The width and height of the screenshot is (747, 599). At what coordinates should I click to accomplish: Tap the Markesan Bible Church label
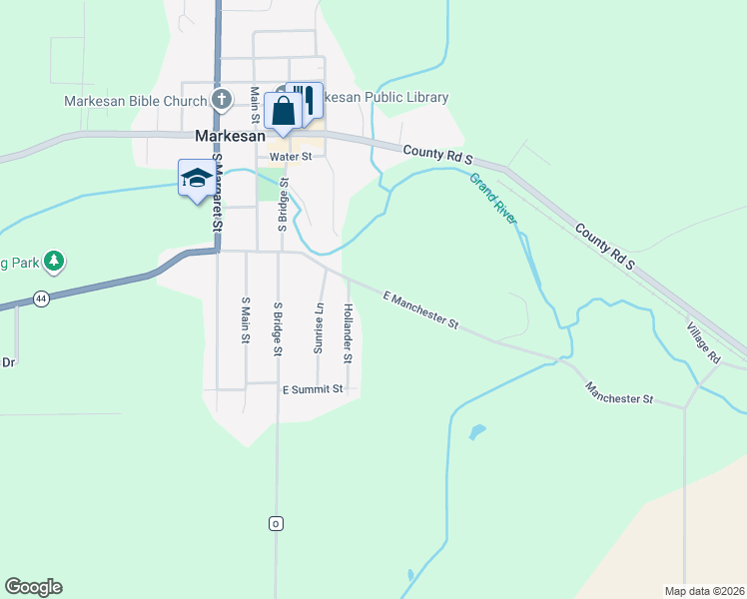[136, 100]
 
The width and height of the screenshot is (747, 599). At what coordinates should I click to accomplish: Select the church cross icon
[223, 99]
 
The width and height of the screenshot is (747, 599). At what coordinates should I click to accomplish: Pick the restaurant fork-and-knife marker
[306, 99]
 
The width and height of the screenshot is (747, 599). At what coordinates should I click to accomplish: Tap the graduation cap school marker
[196, 178]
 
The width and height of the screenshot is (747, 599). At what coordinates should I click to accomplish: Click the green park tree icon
[54, 263]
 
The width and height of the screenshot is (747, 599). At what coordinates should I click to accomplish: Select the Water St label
[291, 157]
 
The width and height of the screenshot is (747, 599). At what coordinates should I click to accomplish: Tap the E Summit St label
[313, 388]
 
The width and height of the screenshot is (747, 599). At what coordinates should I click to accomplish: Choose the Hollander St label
[349, 332]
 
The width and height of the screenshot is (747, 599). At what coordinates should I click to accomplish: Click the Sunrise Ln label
[320, 328]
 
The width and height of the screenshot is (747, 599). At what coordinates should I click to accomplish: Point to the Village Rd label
[703, 341]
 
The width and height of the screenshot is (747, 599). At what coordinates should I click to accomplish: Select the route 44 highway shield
[40, 298]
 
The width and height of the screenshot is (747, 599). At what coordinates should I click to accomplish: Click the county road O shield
[276, 523]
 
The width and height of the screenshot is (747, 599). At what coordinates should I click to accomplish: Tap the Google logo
[33, 587]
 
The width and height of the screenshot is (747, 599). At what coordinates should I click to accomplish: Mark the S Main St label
[245, 319]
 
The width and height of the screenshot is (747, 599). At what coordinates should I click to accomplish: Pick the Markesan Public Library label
[384, 98]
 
